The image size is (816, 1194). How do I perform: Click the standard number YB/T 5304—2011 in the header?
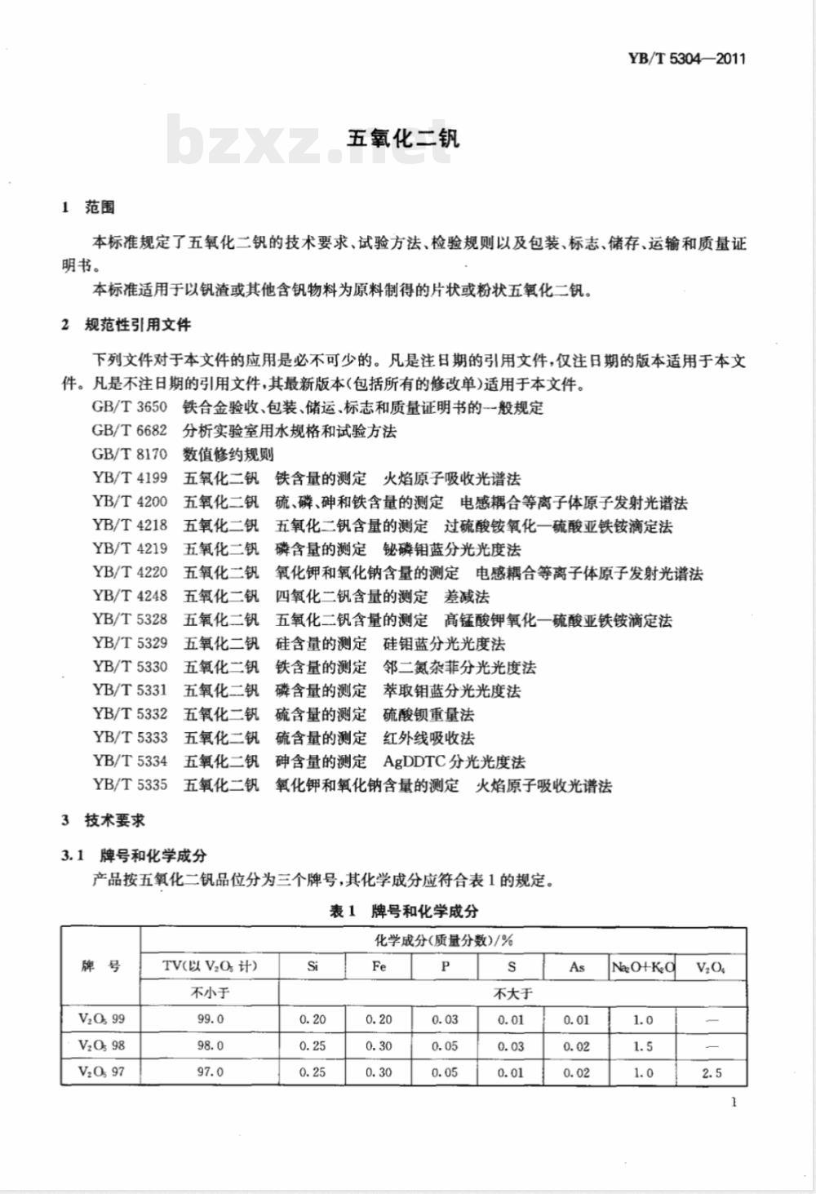686,59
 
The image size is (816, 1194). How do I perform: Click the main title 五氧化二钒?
403,137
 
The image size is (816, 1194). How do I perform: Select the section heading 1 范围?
89,207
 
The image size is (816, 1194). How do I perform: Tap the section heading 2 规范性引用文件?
126,324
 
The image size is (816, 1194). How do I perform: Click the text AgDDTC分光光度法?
454,761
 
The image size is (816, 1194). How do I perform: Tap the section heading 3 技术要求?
104,820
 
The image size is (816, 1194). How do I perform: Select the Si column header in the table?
313,967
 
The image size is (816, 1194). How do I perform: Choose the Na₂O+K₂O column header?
643,967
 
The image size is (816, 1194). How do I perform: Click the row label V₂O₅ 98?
101,1045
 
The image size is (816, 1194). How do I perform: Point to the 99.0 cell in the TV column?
210,1019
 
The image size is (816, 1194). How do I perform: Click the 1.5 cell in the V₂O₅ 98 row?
643,1045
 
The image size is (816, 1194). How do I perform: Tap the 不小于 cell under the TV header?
210,993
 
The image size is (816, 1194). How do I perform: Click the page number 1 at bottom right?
734,1103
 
